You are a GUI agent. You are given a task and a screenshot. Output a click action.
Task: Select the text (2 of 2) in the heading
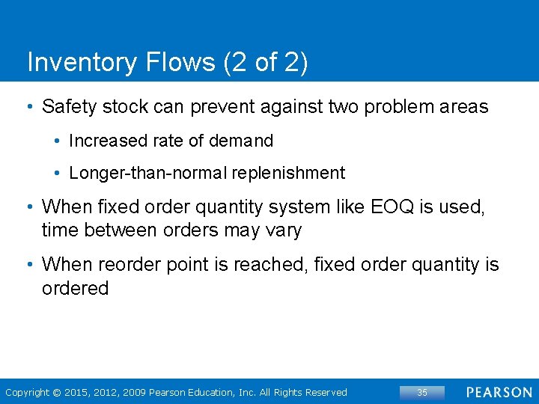click(265, 63)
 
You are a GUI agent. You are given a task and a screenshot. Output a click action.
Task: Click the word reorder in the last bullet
click(123, 265)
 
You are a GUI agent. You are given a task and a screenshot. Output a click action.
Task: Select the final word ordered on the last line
click(75, 289)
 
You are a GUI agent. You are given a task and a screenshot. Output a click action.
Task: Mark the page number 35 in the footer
click(422, 392)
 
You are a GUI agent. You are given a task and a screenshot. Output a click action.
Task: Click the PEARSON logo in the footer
click(499, 392)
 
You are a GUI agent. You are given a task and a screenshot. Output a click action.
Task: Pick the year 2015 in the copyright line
click(77, 392)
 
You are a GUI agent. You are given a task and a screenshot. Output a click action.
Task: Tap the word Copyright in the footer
click(27, 392)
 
